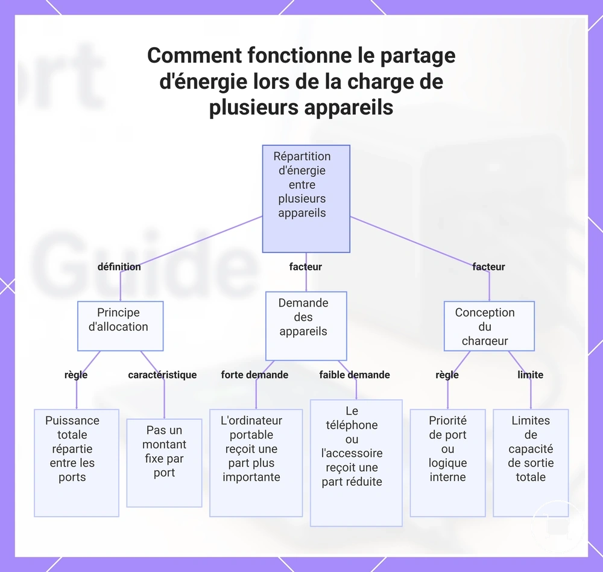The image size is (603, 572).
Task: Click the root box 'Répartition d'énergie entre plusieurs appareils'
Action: [306, 199]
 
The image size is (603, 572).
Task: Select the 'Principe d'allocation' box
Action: [121, 326]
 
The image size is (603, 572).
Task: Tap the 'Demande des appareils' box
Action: [306, 326]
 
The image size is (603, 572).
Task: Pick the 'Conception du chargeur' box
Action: [489, 326]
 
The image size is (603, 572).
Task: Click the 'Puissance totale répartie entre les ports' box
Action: [77, 463]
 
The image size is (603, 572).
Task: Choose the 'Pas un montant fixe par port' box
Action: [164, 463]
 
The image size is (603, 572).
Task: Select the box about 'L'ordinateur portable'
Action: [256, 463]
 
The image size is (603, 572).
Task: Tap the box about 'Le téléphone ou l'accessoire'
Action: [356, 463]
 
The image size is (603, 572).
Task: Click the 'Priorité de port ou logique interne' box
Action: [447, 463]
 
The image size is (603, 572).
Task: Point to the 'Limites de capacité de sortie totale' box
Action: [531, 463]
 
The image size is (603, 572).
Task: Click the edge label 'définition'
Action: [119, 267]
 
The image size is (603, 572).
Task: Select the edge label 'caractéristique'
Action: [162, 375]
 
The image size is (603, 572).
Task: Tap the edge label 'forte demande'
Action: [254, 375]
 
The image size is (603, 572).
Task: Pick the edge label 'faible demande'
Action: [355, 375]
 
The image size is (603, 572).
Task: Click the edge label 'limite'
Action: [530, 375]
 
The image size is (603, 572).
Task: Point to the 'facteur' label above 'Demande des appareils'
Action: [306, 267]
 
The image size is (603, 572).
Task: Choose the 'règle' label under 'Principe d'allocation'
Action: [76, 375]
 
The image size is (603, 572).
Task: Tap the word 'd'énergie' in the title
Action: [203, 82]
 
